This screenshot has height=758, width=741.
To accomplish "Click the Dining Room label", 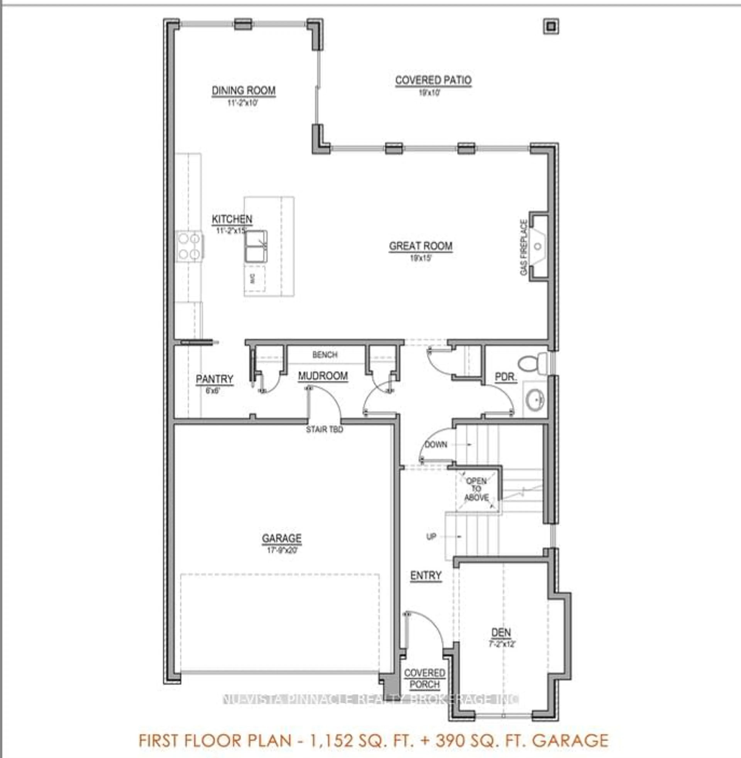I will [x=244, y=91].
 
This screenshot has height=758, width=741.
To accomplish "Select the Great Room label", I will [x=421, y=246].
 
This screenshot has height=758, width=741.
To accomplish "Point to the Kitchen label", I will [x=232, y=219].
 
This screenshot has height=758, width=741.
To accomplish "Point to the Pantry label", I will [x=214, y=379].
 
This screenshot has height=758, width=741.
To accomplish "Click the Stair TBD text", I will [x=325, y=430].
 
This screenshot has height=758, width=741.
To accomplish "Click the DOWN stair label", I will [x=436, y=444].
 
